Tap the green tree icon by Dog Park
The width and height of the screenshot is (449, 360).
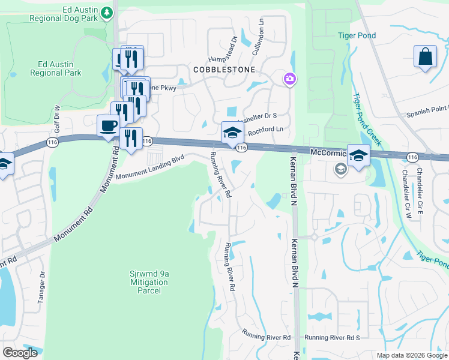107,12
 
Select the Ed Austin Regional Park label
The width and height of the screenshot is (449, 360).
59,68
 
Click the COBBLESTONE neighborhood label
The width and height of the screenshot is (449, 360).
224,70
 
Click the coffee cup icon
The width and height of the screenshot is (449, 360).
109,126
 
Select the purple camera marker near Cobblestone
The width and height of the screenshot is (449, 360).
289,79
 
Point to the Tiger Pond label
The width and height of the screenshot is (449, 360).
357,35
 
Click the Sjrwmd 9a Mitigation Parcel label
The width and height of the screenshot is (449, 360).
149,282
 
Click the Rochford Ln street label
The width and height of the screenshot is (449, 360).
265,129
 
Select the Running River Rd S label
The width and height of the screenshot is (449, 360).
331,338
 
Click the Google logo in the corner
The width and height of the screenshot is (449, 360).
20,353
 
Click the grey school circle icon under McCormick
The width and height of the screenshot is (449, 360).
341,169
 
